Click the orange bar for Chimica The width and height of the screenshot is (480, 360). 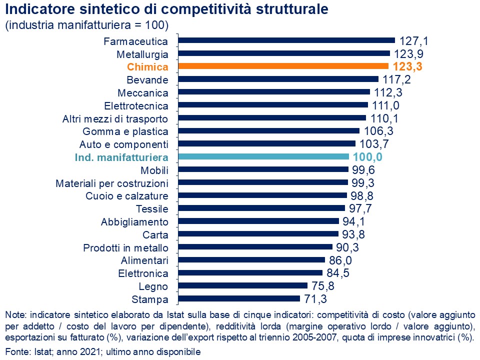(283, 66)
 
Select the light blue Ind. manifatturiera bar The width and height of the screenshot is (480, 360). (263, 157)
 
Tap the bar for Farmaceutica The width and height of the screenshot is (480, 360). (286, 40)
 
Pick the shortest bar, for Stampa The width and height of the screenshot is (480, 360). (239, 299)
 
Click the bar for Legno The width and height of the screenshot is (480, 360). (243, 286)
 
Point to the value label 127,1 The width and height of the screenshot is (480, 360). (413, 40)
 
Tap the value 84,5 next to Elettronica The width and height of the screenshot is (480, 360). (339, 273)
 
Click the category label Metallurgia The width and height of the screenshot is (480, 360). (142, 54)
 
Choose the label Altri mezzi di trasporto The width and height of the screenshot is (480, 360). (115, 119)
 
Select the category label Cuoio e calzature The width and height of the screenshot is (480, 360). (127, 195)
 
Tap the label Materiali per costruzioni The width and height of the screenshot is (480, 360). (111, 183)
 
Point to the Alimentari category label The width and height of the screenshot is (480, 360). (144, 260)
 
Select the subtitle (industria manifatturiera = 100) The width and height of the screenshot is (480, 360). (87, 25)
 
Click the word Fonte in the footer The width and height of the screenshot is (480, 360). (16, 351)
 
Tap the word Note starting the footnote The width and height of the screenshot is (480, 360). (15, 315)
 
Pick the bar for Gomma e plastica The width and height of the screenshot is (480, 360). (268, 131)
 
